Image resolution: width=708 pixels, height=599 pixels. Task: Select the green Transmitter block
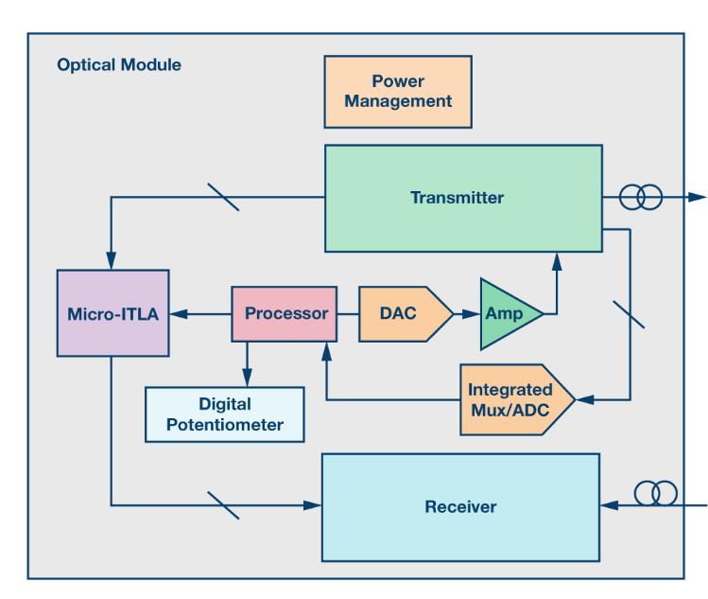click(462, 198)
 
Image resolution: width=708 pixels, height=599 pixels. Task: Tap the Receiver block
click(460, 506)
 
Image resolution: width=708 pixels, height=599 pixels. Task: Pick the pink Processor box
click(284, 313)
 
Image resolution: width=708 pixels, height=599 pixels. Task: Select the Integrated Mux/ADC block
click(515, 400)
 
